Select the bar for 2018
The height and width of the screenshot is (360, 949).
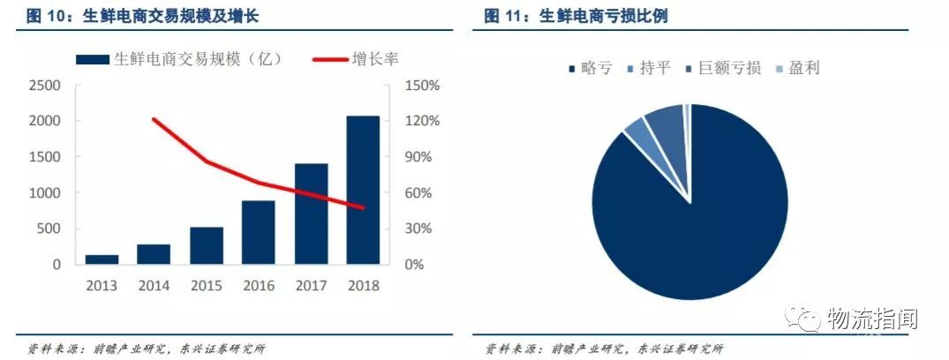(x=362, y=190)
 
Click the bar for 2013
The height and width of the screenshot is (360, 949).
(x=102, y=259)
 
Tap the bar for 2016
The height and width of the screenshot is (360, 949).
(x=258, y=232)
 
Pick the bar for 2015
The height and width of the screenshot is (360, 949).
(x=206, y=245)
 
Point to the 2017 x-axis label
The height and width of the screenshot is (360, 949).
(x=310, y=285)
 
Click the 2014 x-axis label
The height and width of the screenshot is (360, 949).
(x=154, y=285)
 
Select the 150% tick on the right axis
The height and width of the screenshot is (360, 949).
(x=422, y=86)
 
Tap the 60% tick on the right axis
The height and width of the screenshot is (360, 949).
(x=418, y=193)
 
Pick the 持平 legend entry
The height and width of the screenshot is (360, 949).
(x=654, y=68)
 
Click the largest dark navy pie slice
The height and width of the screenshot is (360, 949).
(x=697, y=221)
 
